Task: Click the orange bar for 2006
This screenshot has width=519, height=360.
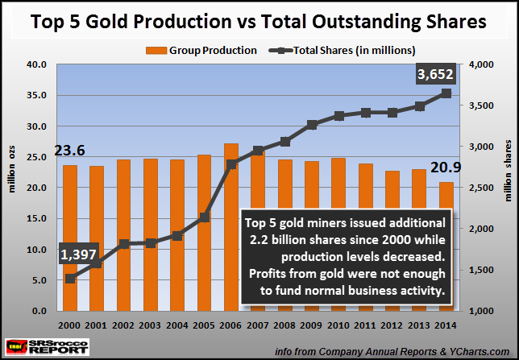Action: tap(230, 226)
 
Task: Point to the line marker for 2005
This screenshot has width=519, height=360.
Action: tap(204, 217)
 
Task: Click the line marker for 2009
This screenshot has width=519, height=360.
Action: tap(312, 125)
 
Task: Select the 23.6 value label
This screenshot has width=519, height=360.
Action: tap(69, 150)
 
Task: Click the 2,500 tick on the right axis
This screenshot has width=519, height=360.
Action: tap(476, 188)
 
